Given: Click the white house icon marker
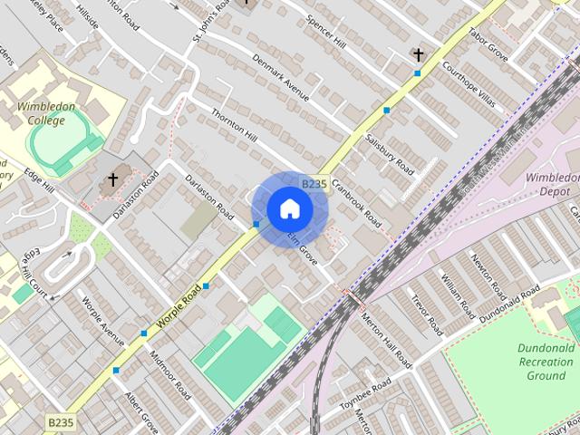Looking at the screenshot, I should [x=289, y=209].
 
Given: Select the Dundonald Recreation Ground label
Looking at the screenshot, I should [x=546, y=362].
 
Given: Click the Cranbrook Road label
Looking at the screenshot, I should [x=356, y=198].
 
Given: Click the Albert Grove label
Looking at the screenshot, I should [x=141, y=411].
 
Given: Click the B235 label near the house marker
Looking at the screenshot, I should [x=313, y=184].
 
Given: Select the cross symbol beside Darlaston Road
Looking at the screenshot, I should [x=113, y=179].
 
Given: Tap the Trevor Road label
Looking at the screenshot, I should [x=426, y=313].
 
